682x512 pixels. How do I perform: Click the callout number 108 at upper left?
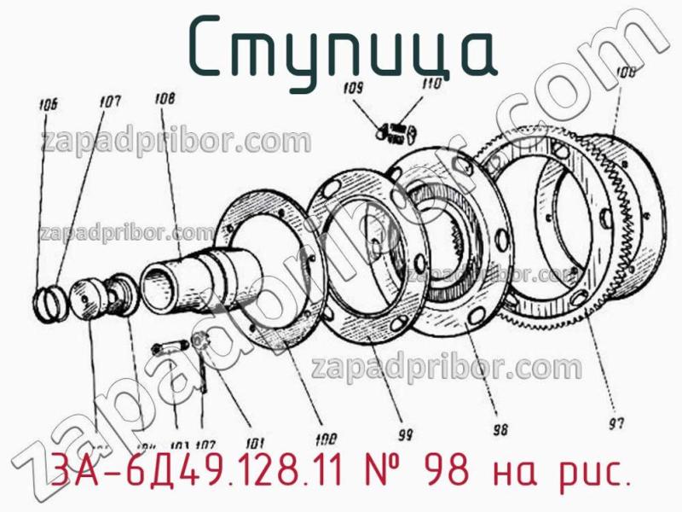pyautogui.click(x=165, y=99)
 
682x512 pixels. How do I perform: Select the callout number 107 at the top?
pyautogui.click(x=109, y=102)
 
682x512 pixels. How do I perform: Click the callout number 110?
pyautogui.click(x=431, y=84)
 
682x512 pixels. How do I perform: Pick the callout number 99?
pyautogui.click(x=405, y=433)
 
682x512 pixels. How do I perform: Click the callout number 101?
pyautogui.click(x=254, y=443)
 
